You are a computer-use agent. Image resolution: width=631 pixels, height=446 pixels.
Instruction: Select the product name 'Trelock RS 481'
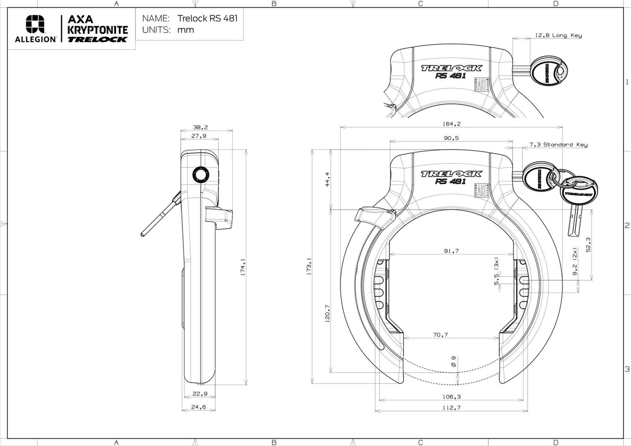[x=207, y=18]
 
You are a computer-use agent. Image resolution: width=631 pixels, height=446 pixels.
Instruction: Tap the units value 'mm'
[x=186, y=30]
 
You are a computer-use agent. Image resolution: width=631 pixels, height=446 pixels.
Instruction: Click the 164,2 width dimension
[x=451, y=124]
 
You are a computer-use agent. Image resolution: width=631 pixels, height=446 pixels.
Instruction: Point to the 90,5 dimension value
[x=451, y=138]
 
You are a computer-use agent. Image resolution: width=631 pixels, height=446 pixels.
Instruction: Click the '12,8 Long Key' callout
[x=558, y=35]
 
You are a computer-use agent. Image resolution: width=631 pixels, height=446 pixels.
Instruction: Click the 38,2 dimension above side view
[x=200, y=127]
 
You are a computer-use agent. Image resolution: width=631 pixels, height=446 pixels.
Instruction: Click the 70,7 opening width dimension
[x=440, y=334]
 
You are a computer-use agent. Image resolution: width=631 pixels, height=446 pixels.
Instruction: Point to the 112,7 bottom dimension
[x=451, y=408]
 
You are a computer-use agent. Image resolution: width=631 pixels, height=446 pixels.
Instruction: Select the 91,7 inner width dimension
[x=451, y=251]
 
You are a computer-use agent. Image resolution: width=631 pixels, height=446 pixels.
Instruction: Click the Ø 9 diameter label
[x=454, y=361]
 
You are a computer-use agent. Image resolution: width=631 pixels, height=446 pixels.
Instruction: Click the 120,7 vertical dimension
[x=327, y=314]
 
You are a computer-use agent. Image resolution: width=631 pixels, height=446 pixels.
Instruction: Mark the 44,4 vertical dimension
[x=327, y=180]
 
